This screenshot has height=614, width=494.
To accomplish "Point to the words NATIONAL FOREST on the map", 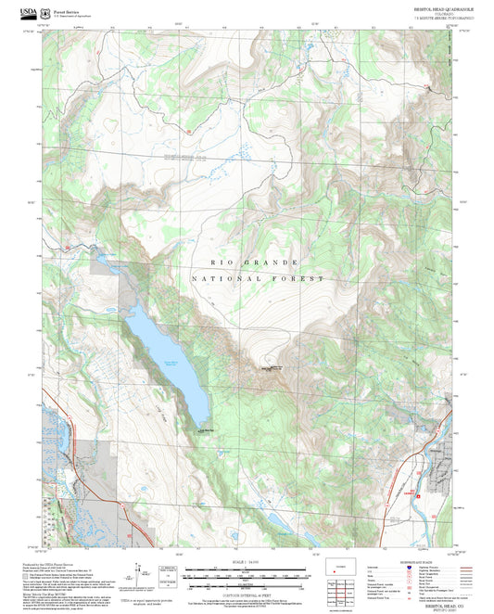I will tap(258, 278).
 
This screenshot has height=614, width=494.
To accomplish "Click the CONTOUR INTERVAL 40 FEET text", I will tap(246, 594).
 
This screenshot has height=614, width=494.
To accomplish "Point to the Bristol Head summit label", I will tap(275, 370).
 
